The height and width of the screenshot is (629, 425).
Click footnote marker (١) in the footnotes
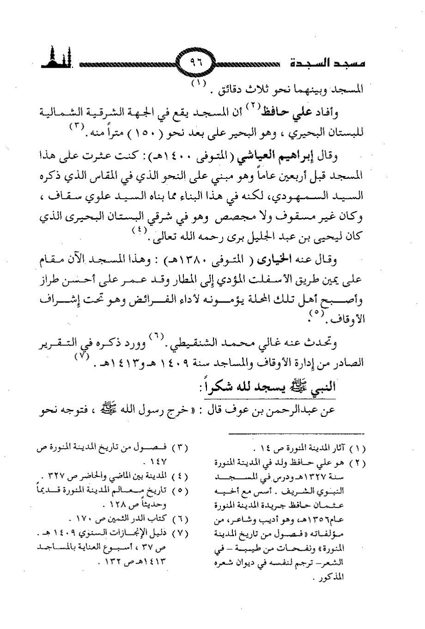coord(356,448)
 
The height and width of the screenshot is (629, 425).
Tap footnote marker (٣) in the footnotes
coord(179,448)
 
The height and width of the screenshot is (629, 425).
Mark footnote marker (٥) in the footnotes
coord(179,490)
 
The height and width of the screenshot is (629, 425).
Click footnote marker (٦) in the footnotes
coord(179,518)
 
